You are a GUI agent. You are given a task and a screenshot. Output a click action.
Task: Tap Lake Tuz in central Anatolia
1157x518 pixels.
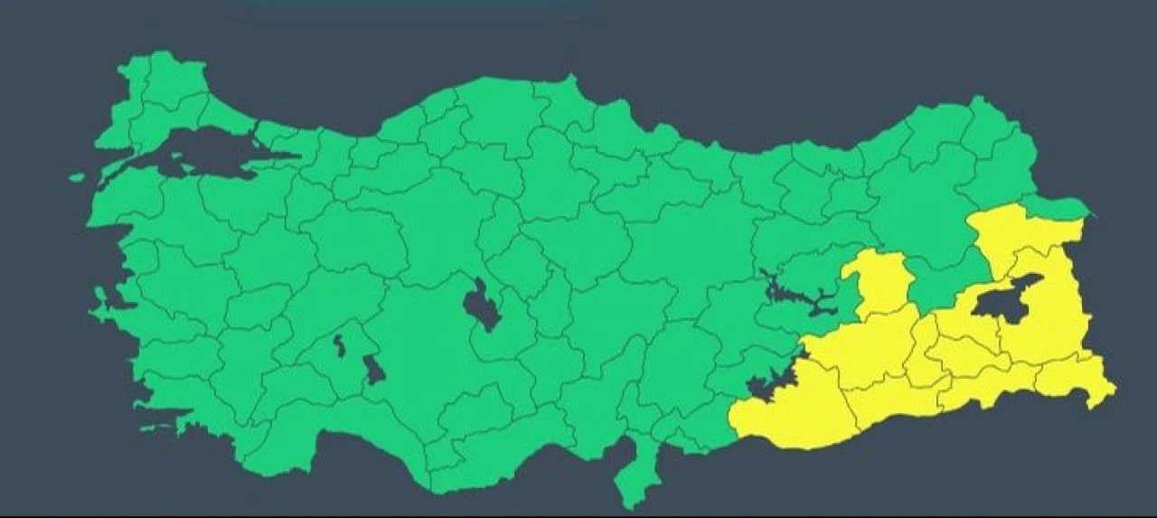483,306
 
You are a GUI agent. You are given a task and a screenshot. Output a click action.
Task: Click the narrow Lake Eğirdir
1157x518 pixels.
339,344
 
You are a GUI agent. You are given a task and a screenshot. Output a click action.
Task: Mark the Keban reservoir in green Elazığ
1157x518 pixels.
795,295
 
